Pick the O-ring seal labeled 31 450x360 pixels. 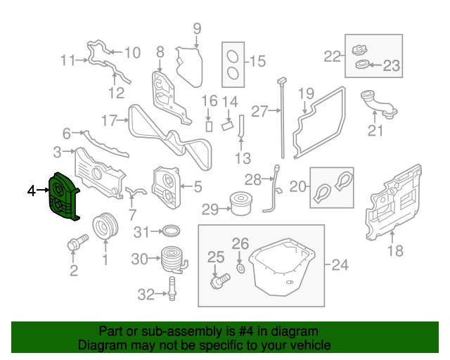tap(170, 231)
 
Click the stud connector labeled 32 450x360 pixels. tap(170, 288)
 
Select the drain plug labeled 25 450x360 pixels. tap(219, 281)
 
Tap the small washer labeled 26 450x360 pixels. tap(240, 269)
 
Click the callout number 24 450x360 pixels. tap(340, 265)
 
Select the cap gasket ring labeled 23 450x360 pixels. tap(364, 66)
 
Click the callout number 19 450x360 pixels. tap(305, 94)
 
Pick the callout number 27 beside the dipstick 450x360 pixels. tap(259, 111)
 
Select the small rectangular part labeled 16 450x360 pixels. tap(208, 126)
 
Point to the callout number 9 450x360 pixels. tap(197, 29)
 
